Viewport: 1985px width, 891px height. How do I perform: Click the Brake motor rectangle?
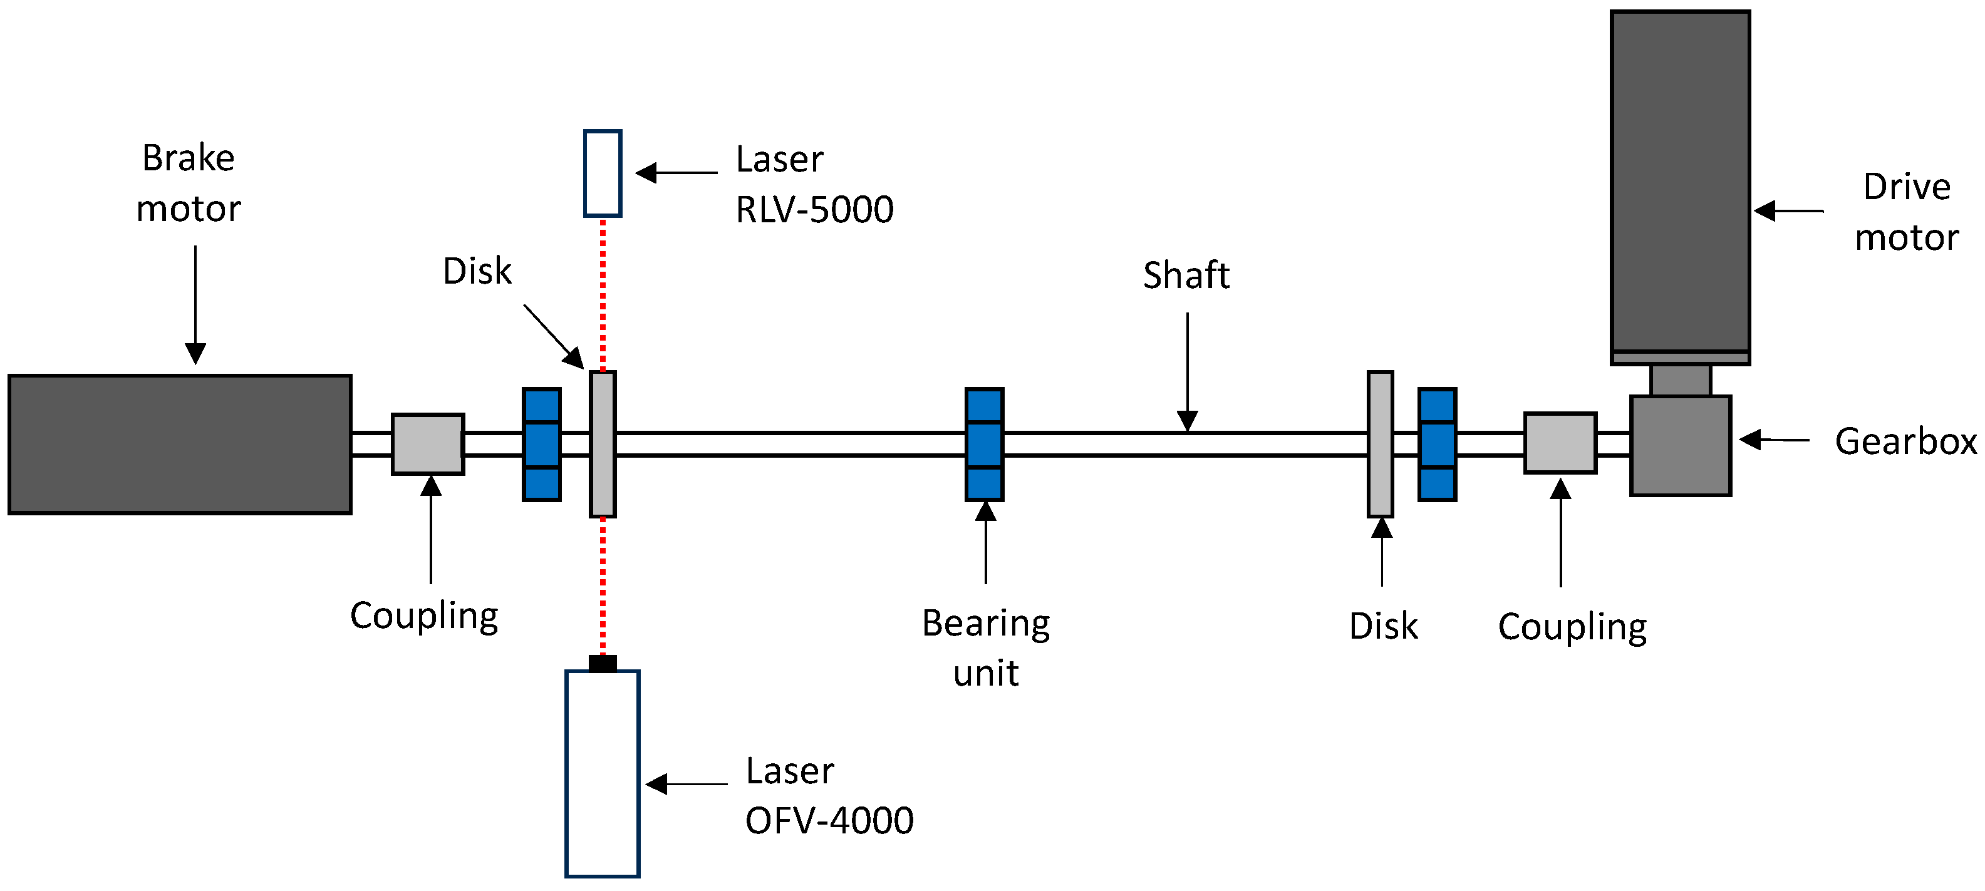tap(180, 445)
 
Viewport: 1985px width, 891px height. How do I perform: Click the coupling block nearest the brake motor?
tap(428, 445)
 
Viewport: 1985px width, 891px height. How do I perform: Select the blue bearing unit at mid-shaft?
tap(984, 445)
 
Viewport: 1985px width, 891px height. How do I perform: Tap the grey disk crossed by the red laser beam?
tap(603, 445)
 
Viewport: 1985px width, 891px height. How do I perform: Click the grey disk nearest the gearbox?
tap(1380, 445)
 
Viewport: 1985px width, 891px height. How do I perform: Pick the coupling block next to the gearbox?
tap(1560, 443)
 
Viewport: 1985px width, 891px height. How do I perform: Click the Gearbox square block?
tap(1681, 446)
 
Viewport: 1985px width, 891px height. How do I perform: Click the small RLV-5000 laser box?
tap(603, 173)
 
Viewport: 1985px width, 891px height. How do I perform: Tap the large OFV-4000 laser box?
tap(603, 773)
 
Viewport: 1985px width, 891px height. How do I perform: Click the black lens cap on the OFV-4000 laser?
tap(603, 663)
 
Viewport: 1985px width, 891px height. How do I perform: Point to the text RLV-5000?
tap(814, 210)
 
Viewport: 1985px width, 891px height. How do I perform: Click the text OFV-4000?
tap(829, 821)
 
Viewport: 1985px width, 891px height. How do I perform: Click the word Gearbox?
tap(1905, 442)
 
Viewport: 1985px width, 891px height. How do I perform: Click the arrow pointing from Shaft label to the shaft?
tap(1188, 369)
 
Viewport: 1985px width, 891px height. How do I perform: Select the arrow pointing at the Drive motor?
tap(1788, 210)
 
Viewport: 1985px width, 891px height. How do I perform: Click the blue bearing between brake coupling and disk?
tap(542, 445)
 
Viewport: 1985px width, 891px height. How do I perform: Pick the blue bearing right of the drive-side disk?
tap(1437, 445)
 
